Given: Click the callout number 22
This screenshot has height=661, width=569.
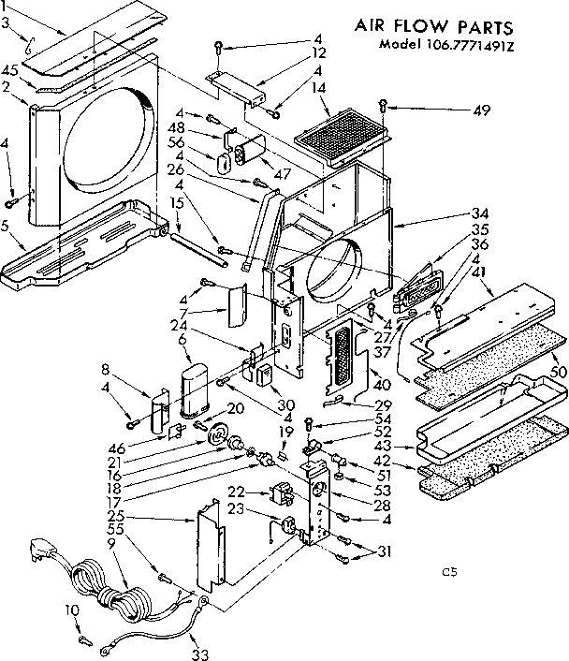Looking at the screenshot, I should coord(238,492).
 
